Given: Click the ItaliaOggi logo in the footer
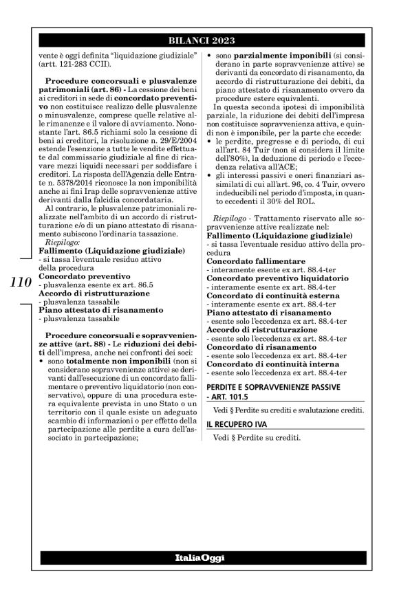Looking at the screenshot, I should click(199, 556).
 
